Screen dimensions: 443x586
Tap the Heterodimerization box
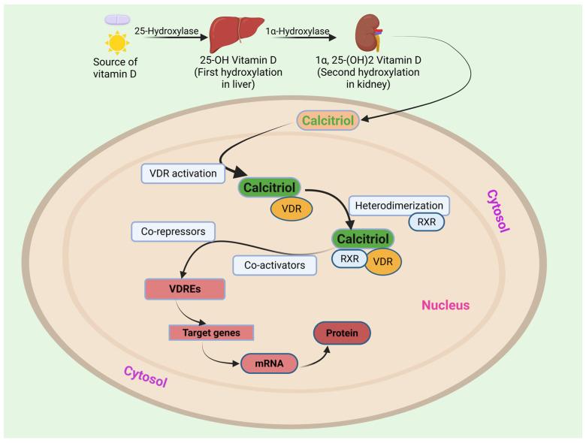tap(399, 205)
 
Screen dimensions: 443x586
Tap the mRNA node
tap(267, 363)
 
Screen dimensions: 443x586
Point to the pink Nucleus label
tap(445, 306)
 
